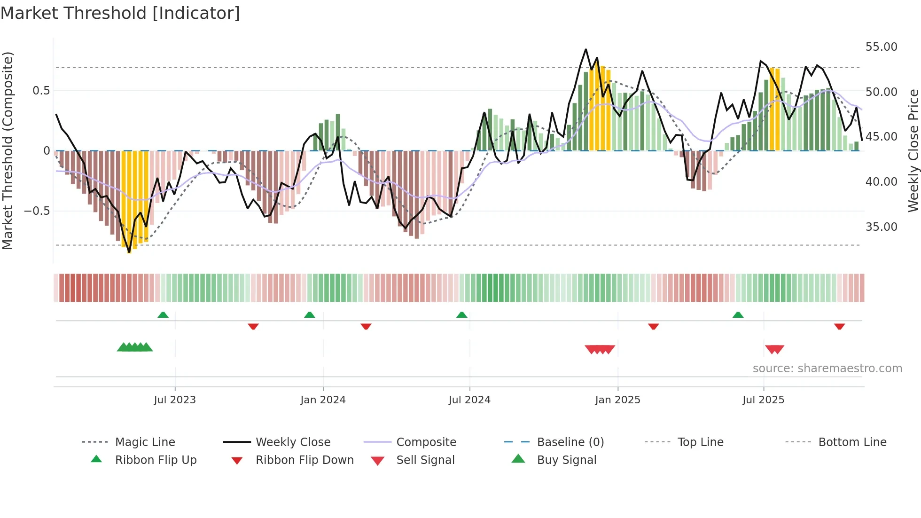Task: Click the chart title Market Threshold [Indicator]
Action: (120, 13)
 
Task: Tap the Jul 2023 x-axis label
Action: (174, 400)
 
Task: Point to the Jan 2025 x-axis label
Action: (617, 400)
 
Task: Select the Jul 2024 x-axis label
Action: (469, 400)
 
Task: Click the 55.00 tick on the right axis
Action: (881, 47)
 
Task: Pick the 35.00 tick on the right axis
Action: (881, 227)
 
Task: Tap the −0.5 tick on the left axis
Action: (37, 211)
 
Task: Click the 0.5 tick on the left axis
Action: (41, 91)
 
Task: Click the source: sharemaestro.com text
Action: (827, 369)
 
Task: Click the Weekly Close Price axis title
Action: (913, 150)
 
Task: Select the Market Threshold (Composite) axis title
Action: (8, 150)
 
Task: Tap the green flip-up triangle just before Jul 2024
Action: (461, 315)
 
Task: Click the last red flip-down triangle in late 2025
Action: (839, 326)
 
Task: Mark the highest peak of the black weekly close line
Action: (585, 49)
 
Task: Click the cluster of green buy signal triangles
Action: (135, 347)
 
